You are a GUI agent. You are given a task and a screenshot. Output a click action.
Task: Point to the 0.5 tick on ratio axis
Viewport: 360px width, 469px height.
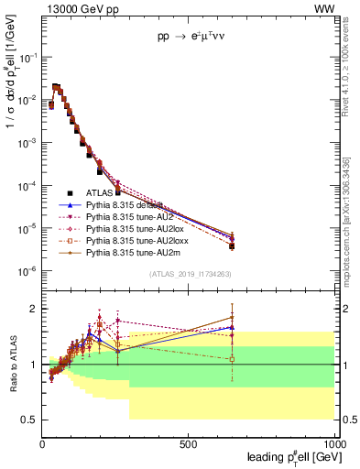click(x=29, y=420)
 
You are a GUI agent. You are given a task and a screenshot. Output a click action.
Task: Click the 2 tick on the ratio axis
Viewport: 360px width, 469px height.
click(x=34, y=309)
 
